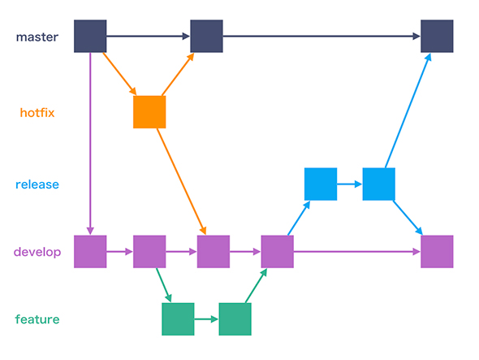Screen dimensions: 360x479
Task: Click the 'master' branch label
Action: [36, 37]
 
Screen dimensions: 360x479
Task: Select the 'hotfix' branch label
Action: [37, 113]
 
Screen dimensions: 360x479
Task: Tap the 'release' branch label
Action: [37, 184]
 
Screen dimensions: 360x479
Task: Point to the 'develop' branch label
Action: [37, 252]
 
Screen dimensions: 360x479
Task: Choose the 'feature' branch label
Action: [37, 319]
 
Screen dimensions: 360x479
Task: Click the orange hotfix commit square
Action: [149, 112]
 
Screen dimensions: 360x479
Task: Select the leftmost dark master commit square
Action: [90, 37]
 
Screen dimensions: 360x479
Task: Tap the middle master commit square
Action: [206, 37]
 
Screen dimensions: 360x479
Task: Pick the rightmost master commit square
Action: [437, 37]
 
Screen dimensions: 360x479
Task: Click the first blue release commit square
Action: [320, 184]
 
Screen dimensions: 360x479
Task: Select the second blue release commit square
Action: [378, 184]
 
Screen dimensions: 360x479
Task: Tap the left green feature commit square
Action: [178, 319]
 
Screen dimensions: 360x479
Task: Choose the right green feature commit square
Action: [235, 319]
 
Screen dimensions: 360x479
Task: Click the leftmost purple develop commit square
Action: [90, 252]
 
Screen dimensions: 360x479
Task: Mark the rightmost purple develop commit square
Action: [437, 252]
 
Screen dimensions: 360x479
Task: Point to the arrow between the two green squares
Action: [206, 319]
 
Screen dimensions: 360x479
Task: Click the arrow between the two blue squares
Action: [349, 184]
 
